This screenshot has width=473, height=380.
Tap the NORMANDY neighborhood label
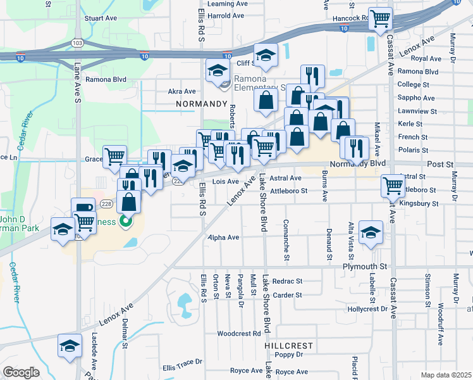coord(201,103)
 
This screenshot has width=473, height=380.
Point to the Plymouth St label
coord(365,267)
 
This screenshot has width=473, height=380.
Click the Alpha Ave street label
coord(224,237)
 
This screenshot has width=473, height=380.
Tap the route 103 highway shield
coord(78,43)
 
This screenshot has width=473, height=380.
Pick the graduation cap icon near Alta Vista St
coord(371,231)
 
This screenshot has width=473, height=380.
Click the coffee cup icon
coord(83,208)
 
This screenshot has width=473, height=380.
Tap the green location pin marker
coord(126,222)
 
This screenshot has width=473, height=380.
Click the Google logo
coord(21,372)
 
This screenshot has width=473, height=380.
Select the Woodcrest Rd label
coord(238,333)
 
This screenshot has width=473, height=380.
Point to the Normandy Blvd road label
coord(360,163)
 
